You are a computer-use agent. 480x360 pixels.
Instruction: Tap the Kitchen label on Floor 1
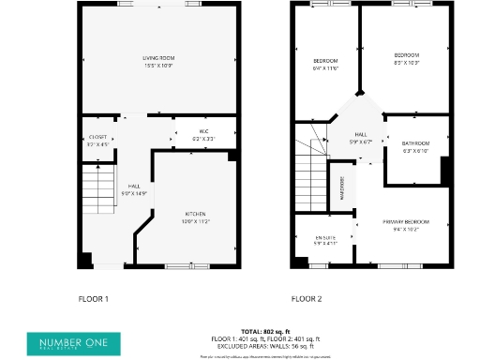196,217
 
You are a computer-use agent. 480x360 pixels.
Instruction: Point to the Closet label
97,142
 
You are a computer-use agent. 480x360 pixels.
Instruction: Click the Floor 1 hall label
136,189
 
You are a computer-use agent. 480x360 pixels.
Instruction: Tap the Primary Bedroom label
406,224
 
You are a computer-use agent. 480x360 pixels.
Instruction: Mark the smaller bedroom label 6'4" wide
324,65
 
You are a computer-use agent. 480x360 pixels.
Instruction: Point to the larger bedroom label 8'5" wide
406,58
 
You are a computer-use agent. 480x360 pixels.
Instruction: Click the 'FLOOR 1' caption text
93,298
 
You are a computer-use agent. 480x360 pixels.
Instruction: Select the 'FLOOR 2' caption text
306,298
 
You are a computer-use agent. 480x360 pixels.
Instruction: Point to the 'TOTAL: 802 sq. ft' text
266,332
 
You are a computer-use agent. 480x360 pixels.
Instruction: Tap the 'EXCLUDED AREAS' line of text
266,346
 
